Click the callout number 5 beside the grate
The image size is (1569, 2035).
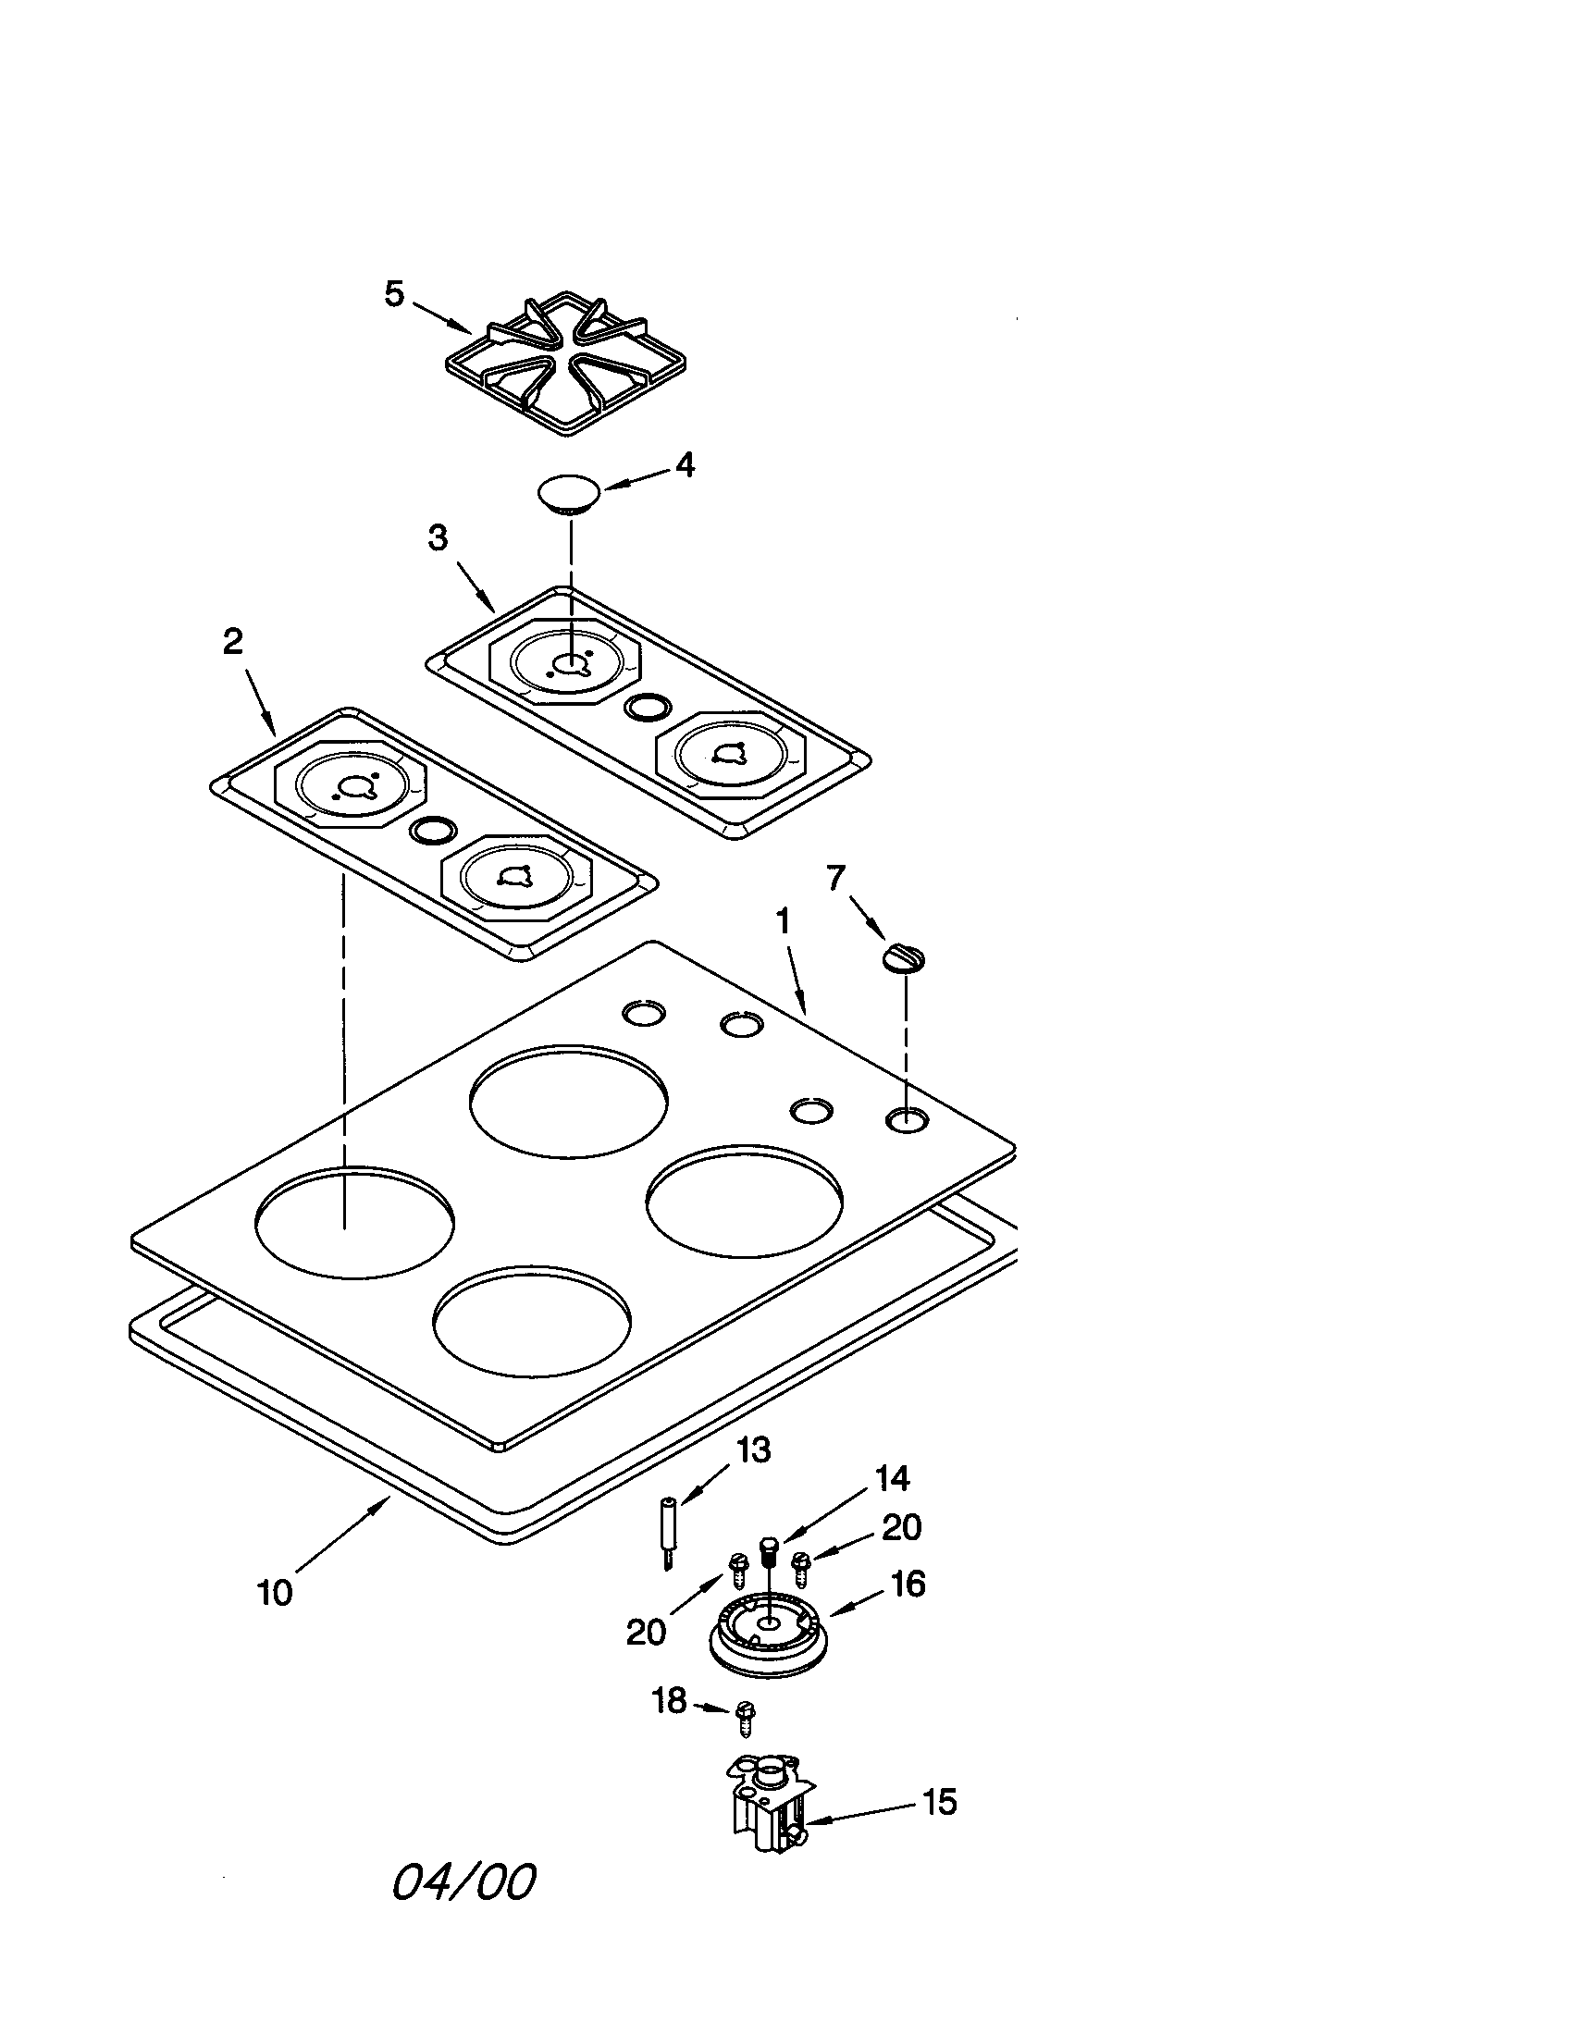tap(394, 294)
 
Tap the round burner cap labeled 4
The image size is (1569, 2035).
tap(569, 493)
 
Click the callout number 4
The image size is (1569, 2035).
tap(685, 465)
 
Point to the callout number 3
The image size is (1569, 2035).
tap(437, 537)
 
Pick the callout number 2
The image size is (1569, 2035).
tap(233, 641)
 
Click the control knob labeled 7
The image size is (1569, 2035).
tap(904, 958)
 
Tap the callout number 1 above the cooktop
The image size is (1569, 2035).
tap(783, 921)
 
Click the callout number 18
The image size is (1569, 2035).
tap(669, 1701)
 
